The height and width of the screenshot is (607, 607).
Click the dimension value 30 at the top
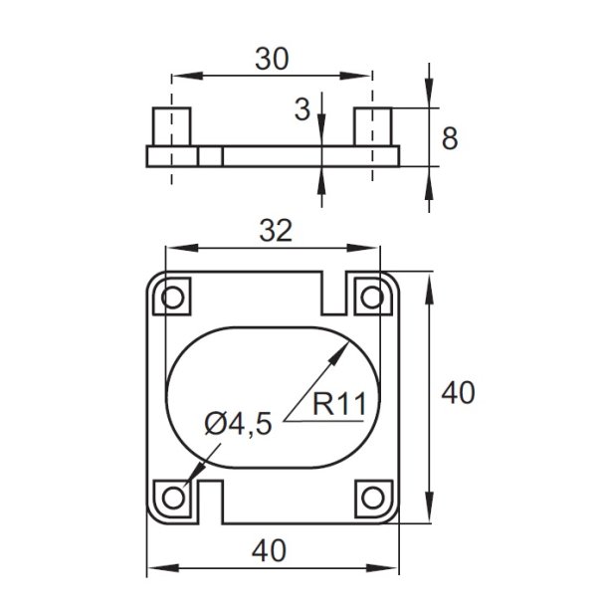point(271,59)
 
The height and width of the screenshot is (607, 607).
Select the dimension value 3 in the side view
point(303,109)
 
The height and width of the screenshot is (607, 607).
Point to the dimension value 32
point(275,231)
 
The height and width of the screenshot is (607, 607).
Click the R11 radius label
point(339,405)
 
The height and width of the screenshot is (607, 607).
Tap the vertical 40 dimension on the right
point(457,394)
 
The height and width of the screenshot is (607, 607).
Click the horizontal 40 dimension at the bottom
point(272,550)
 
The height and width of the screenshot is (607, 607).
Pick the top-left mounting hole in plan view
point(173,297)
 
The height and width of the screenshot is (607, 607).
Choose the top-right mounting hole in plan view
point(372,297)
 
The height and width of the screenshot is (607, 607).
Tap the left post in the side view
point(171,126)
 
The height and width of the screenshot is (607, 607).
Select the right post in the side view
point(373,126)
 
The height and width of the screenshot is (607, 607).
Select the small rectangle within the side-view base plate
point(209,156)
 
